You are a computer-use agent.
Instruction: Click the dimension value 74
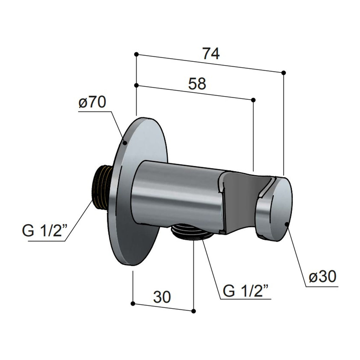coord(211,53)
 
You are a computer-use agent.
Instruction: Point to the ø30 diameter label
coord(322,277)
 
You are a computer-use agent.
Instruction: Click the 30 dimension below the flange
coord(162,297)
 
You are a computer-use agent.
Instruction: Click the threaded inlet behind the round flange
coord(102,187)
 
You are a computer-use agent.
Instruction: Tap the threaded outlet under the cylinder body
coord(191,232)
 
